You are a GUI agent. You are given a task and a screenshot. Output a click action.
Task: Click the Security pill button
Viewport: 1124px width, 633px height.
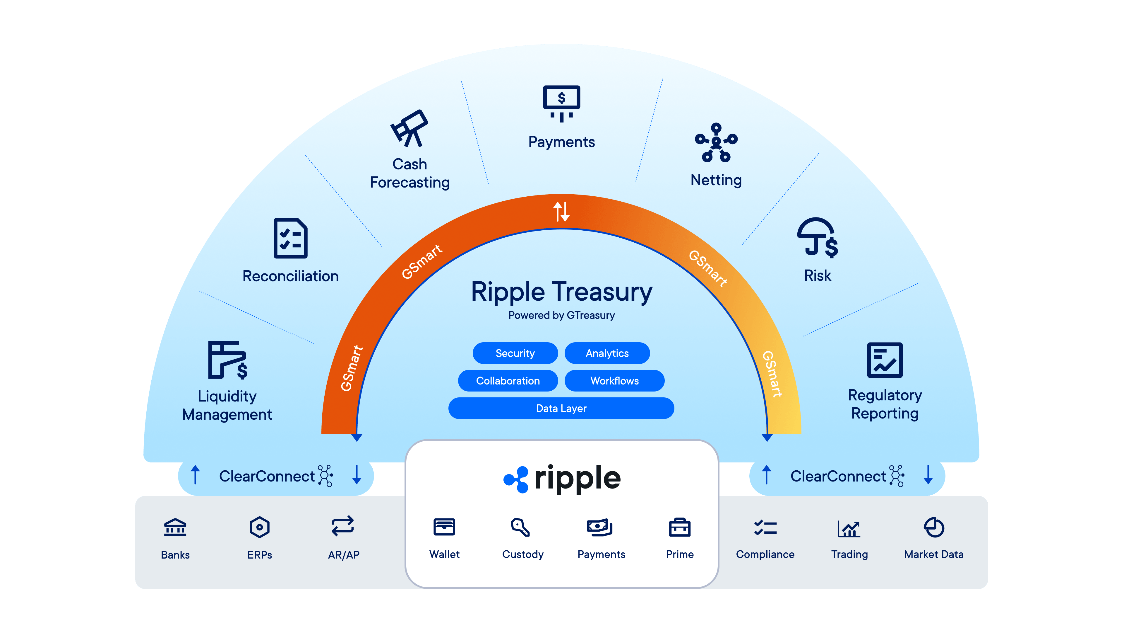pos(515,353)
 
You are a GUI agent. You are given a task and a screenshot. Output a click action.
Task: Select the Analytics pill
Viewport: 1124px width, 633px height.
pos(607,353)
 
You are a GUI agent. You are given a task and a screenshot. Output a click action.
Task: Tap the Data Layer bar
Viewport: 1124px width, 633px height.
pos(561,408)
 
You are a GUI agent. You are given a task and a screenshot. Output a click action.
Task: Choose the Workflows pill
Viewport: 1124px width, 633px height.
pos(614,380)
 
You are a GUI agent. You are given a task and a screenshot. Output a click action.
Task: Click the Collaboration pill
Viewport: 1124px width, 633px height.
pos(508,380)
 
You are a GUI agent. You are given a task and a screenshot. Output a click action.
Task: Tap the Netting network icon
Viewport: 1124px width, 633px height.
pos(716,143)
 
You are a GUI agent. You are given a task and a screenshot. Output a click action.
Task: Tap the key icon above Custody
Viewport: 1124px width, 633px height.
pos(520,527)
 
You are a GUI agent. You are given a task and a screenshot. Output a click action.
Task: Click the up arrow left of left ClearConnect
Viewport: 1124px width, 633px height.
pos(195,475)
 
